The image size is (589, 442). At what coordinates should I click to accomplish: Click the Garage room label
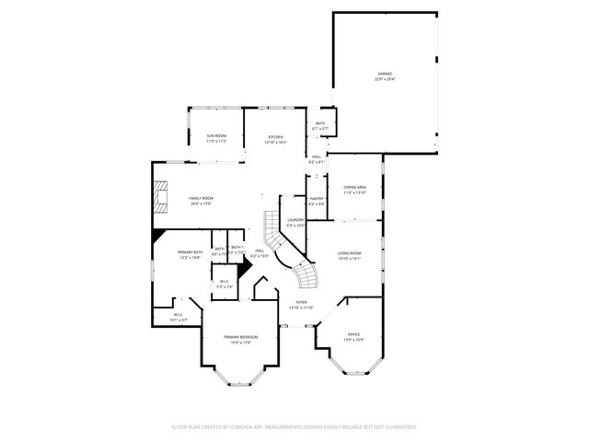385,73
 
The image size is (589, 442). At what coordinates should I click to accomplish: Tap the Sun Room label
216,136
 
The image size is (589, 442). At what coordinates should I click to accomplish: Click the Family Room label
202,198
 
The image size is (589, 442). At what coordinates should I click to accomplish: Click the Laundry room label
295,219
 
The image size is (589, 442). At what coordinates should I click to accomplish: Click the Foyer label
301,302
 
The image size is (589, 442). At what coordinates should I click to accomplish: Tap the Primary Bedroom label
240,337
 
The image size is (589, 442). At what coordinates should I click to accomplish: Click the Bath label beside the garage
320,123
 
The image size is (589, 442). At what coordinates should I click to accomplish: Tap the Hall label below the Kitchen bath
316,157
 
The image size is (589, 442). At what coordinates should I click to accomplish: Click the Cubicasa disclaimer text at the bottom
294,427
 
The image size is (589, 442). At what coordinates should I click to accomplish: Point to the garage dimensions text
385,79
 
